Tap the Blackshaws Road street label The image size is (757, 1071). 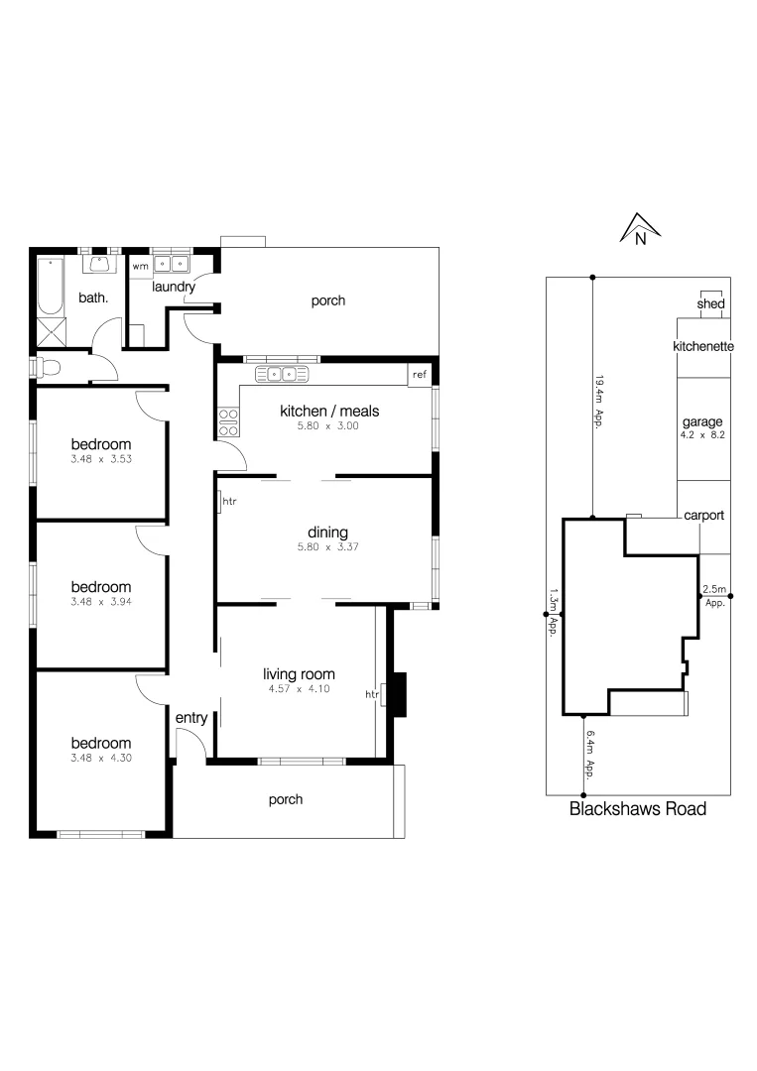[637, 808]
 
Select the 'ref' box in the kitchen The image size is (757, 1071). [420, 375]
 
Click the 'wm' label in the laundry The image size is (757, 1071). [141, 266]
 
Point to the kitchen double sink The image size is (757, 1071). [283, 374]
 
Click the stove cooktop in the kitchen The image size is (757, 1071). [228, 422]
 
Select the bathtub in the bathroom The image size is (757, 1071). [48, 287]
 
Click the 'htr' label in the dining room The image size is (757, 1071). [229, 501]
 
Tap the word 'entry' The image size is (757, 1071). [190, 718]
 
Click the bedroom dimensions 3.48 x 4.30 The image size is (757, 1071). [99, 759]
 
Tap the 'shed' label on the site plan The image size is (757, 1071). [710, 303]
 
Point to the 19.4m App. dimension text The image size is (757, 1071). [598, 400]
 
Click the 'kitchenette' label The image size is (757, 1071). [702, 347]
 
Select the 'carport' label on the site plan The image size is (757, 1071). [703, 516]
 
